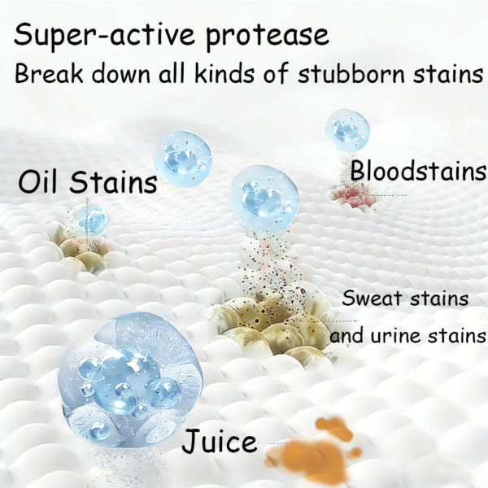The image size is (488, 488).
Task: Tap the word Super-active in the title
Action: click(x=106, y=35)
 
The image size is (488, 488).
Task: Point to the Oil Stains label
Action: click(x=87, y=181)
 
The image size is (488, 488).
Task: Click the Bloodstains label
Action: click(x=418, y=172)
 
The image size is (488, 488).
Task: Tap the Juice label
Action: click(x=219, y=442)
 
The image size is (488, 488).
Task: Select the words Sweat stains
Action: click(x=405, y=298)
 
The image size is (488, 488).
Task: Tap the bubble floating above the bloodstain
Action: click(x=347, y=130)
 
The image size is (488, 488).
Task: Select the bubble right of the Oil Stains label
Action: click(x=183, y=158)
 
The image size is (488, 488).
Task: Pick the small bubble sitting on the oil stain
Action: click(x=87, y=220)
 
